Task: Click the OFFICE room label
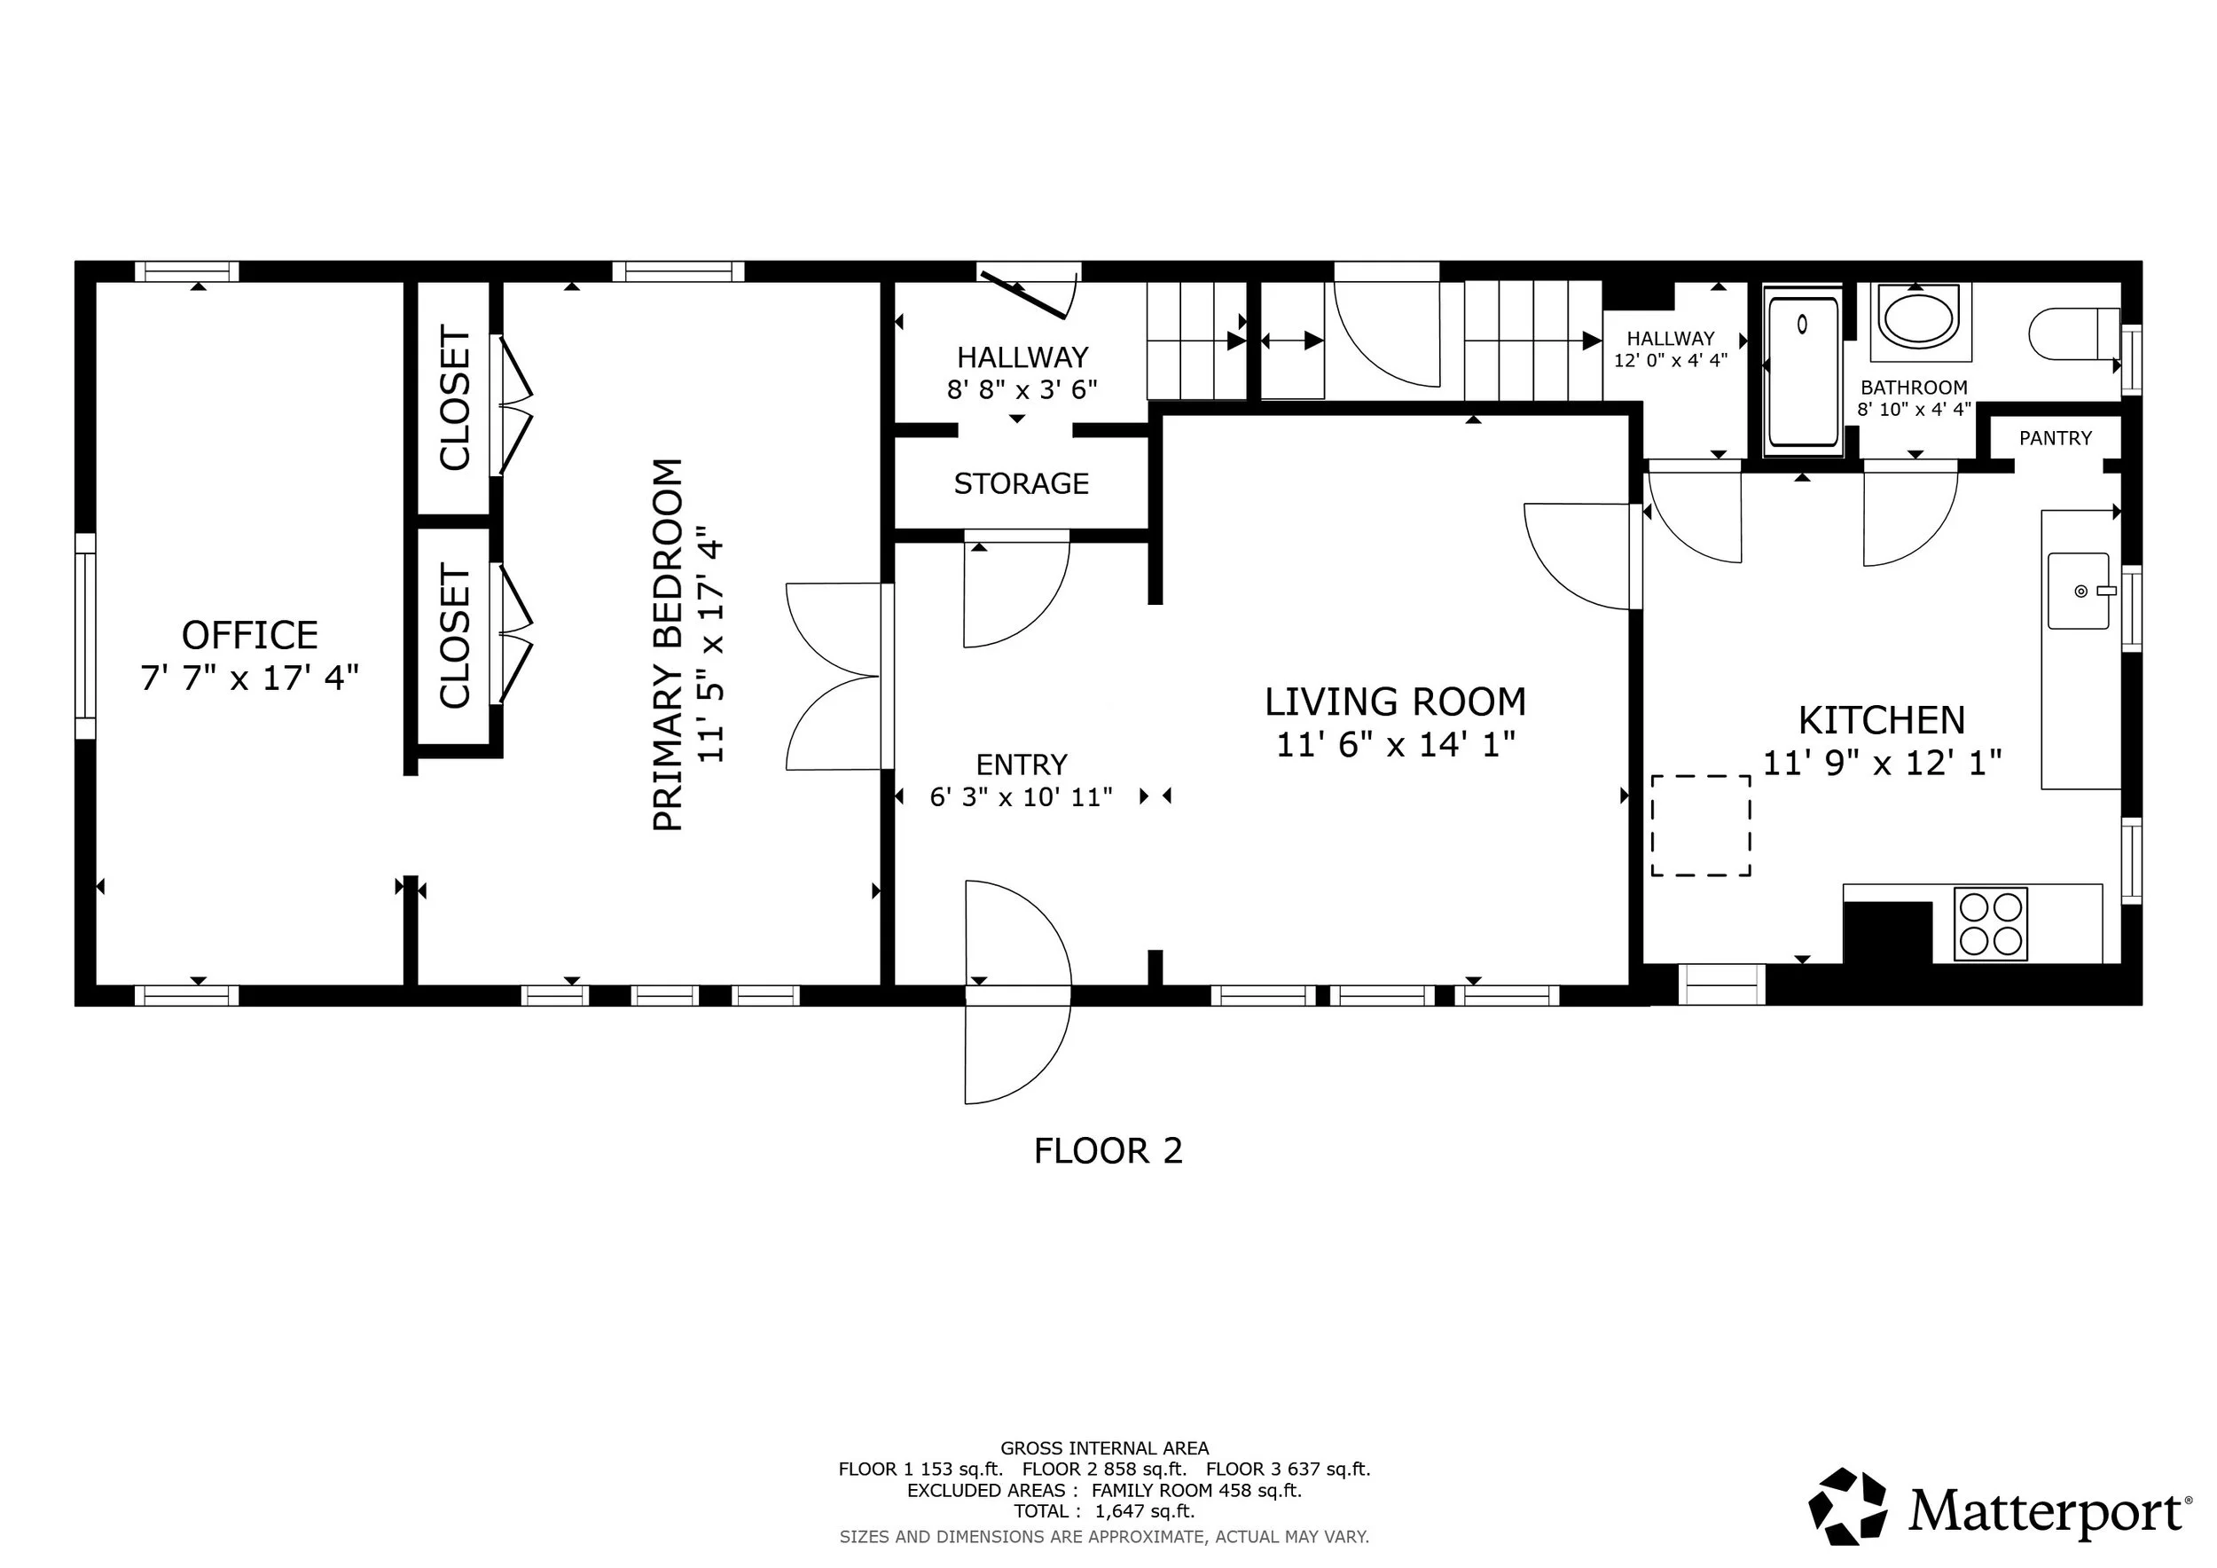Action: point(250,635)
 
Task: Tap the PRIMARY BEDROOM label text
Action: point(668,644)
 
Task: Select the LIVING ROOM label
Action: point(1395,702)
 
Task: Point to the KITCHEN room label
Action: point(1882,720)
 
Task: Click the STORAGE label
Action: point(1022,482)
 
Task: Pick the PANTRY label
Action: point(2056,438)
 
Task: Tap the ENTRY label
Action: point(1022,764)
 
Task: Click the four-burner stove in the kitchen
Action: point(1990,924)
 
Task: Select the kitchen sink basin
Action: point(2078,591)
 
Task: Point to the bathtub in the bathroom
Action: point(1802,372)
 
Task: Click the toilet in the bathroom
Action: point(2074,334)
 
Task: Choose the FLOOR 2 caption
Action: point(1108,1151)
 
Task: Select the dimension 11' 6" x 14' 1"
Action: point(1395,744)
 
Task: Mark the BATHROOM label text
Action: point(1914,388)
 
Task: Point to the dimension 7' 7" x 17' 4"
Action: point(250,678)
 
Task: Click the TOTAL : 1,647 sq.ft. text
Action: point(1104,1511)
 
